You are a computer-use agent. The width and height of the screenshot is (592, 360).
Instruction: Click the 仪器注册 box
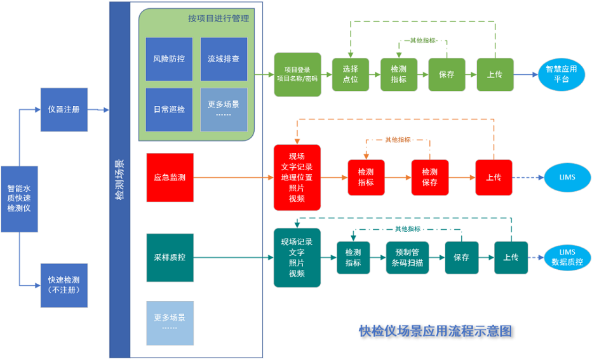coord(64,109)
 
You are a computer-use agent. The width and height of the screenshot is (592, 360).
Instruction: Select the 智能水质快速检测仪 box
coord(20,199)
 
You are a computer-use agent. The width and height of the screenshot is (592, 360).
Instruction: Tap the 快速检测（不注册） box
coord(64,285)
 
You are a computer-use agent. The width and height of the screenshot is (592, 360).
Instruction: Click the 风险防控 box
coord(169,59)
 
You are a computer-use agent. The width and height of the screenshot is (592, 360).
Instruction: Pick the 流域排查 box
coord(224,59)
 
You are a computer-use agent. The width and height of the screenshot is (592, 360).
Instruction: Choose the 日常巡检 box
coord(169,110)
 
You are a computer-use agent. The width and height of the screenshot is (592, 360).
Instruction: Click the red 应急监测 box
coord(170,177)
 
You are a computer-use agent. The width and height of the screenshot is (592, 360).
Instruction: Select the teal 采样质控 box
coord(170,258)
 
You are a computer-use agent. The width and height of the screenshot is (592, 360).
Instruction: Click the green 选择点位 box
coord(350,74)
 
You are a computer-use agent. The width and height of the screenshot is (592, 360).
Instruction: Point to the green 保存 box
coord(447,74)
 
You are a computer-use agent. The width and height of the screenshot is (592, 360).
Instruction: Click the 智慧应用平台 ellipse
coord(560,75)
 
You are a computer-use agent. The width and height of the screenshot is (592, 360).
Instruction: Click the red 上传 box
coord(494,177)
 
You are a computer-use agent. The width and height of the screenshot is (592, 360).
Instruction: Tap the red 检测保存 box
coord(429,177)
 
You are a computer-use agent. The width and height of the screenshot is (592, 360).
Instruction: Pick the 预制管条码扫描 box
coord(408,258)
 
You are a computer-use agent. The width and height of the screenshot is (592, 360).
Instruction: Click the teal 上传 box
coord(511,258)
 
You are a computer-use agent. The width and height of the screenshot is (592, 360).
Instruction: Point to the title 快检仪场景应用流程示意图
coord(435,331)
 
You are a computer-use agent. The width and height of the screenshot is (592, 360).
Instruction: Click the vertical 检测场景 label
coord(119,180)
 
